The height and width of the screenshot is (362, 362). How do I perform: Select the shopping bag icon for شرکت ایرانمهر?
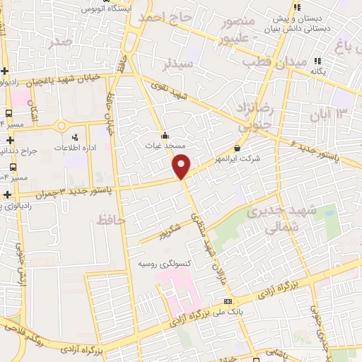coord(236,148)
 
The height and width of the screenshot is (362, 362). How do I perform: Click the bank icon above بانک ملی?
coord(228,301)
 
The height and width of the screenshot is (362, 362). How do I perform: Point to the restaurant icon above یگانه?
coord(317,62)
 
